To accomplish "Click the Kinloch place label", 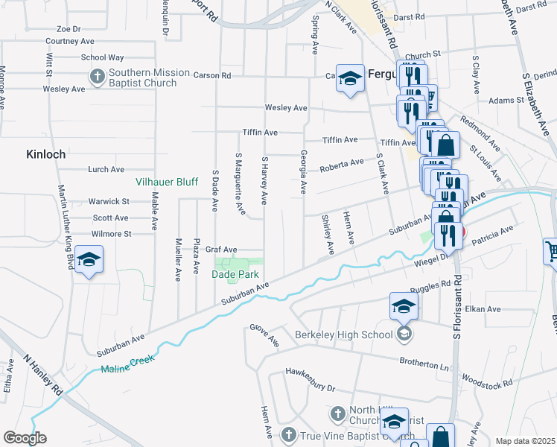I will (x=46, y=154).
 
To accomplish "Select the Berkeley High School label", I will (x=343, y=335).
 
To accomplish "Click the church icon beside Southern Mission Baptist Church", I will (x=97, y=76).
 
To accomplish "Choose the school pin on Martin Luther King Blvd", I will (x=89, y=260).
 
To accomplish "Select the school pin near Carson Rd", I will (x=348, y=78).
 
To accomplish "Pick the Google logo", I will (x=25, y=438).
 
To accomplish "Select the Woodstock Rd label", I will (x=487, y=383).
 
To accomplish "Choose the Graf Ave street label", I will (x=221, y=250).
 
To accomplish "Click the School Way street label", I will (x=102, y=57).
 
